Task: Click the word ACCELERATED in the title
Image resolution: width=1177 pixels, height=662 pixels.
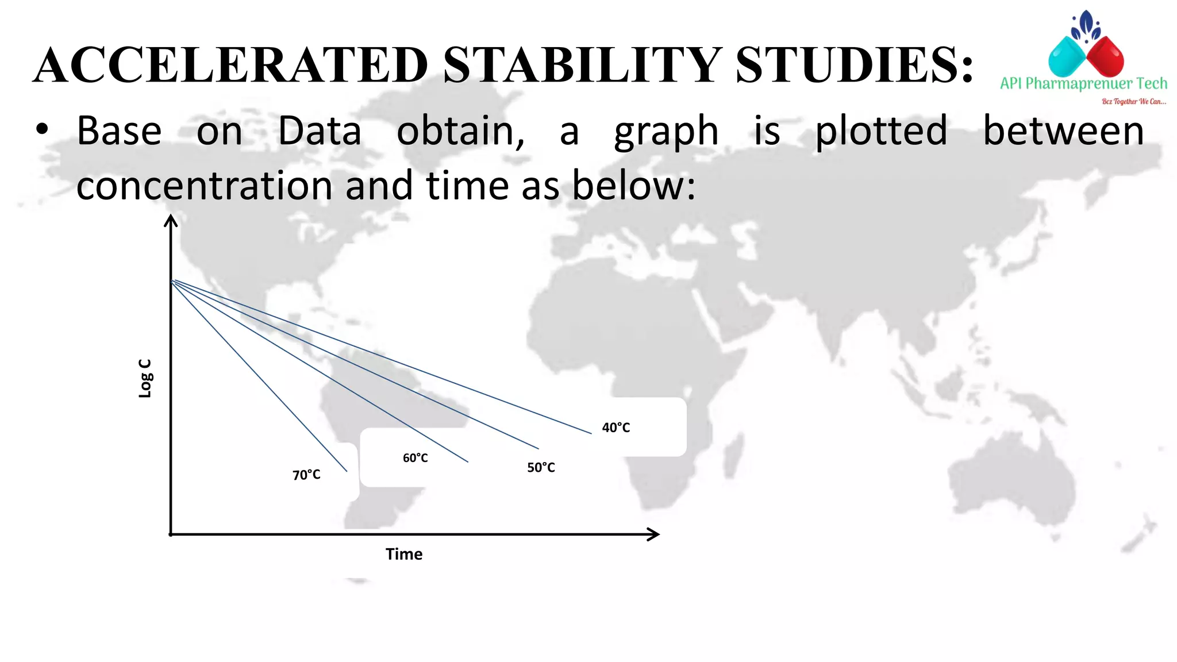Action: [x=230, y=65]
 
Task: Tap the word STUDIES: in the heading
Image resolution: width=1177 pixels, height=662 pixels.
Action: [x=854, y=65]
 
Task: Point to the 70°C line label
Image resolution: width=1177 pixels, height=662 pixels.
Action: [x=306, y=475]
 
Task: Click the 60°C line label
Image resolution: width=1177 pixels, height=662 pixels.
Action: [x=415, y=458]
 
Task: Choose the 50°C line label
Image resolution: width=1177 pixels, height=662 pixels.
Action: [x=541, y=468]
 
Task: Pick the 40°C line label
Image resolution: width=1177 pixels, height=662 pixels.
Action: [x=616, y=428]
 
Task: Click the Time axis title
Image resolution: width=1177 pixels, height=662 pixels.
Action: [x=403, y=555]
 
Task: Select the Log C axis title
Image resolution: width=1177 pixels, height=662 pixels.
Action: [x=145, y=378]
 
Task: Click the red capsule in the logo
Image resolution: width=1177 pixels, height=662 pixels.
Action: [x=1105, y=56]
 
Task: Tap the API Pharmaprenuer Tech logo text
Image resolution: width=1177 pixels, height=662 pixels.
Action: [x=1083, y=84]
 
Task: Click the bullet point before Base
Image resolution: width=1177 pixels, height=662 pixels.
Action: [x=42, y=130]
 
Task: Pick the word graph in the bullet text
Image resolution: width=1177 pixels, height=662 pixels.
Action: [x=666, y=132]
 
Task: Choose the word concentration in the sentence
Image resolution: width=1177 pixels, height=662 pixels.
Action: [x=204, y=186]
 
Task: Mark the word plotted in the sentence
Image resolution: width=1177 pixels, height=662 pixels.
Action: [x=881, y=132]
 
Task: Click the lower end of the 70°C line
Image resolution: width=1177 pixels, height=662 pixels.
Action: [x=346, y=471]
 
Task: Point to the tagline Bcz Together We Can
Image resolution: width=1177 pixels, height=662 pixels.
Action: [x=1133, y=102]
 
